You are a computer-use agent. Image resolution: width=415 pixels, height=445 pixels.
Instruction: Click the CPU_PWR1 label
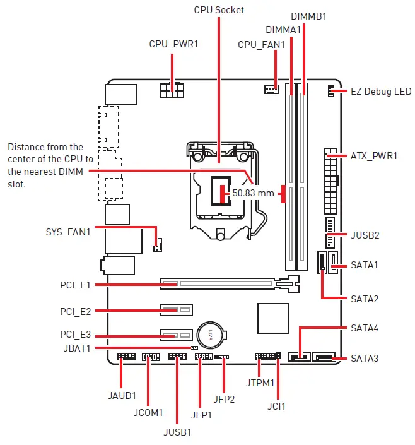(173, 44)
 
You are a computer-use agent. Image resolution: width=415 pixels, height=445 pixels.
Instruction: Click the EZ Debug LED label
(381, 92)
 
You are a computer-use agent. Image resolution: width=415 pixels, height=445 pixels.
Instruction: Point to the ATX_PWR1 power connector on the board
(330, 182)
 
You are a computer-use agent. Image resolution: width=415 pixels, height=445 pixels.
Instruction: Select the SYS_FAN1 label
(67, 232)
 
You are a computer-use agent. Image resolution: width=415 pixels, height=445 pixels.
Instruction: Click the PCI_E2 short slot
(176, 310)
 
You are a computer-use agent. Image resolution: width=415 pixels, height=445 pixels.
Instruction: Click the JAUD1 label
(122, 396)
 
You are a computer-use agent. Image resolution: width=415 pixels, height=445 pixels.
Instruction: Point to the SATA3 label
(365, 359)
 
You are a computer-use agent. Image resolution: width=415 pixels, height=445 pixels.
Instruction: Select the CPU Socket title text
(219, 9)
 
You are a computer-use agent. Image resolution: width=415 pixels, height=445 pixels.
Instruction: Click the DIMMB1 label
(308, 15)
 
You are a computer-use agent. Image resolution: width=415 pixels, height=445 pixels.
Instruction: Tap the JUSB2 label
(365, 235)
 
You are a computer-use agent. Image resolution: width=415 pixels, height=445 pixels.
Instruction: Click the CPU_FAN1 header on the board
(271, 89)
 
